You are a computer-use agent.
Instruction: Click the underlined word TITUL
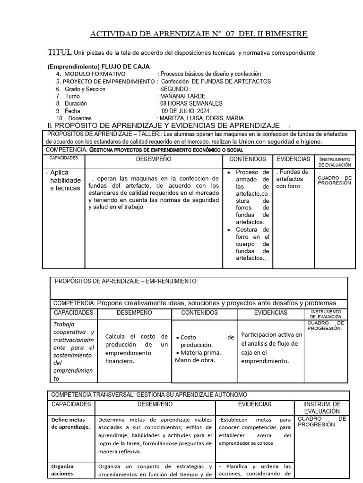pos(60,52)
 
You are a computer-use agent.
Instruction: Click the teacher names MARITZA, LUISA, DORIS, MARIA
pos(202,118)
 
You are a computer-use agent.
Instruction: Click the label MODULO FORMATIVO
pos(95,74)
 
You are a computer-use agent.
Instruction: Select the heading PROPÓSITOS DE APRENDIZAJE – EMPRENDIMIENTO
pos(126,282)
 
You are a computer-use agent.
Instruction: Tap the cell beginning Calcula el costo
pos(136,349)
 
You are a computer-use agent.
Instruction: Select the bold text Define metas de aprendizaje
pos(70,423)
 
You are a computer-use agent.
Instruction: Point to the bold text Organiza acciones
pos(62,470)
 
